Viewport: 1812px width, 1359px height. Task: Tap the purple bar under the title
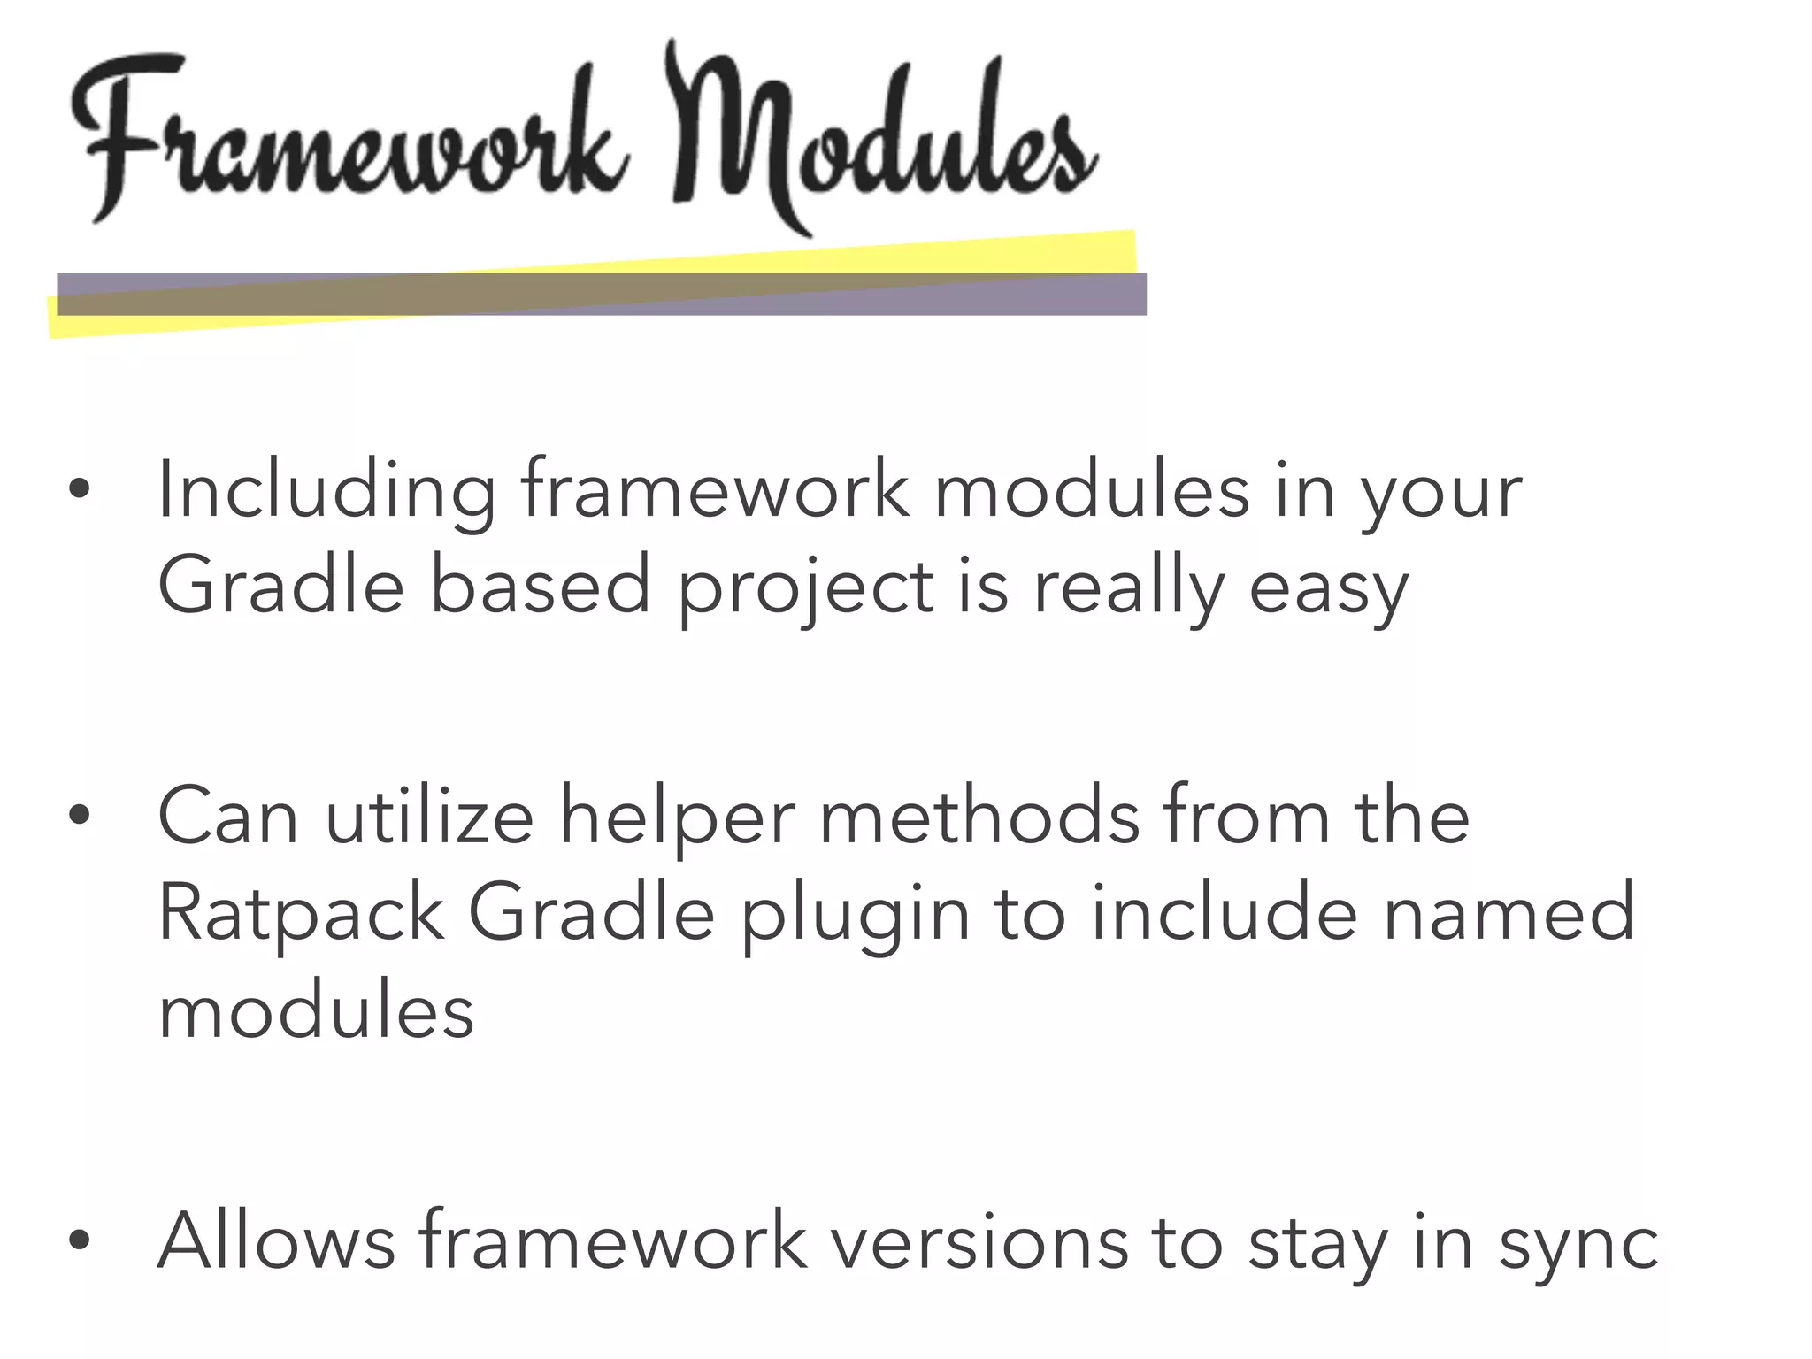[602, 294]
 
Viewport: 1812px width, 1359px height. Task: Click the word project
[806, 589]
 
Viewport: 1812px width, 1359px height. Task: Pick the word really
[1129, 589]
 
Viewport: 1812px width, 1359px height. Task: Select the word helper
[678, 819]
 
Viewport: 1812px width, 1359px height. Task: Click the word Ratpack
[301, 915]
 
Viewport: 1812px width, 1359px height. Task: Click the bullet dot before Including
[80, 488]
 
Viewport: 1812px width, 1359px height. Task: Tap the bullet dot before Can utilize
[80, 815]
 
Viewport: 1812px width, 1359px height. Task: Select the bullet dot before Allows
[80, 1240]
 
